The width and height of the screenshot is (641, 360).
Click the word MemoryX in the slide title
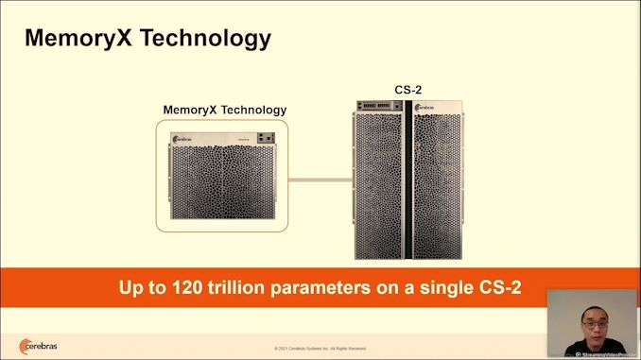pyautogui.click(x=80, y=38)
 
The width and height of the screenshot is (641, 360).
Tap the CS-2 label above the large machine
pyautogui.click(x=407, y=90)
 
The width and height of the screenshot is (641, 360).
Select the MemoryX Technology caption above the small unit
pyautogui.click(x=224, y=110)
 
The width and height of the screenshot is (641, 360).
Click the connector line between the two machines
pyautogui.click(x=320, y=179)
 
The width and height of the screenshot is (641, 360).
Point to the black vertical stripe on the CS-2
pyautogui.click(x=408, y=180)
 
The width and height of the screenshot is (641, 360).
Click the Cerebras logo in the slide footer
pyautogui.click(x=38, y=345)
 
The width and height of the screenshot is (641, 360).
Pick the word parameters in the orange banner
pyautogui.click(x=325, y=287)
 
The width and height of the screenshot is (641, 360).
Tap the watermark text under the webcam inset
pyautogui.click(x=606, y=354)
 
